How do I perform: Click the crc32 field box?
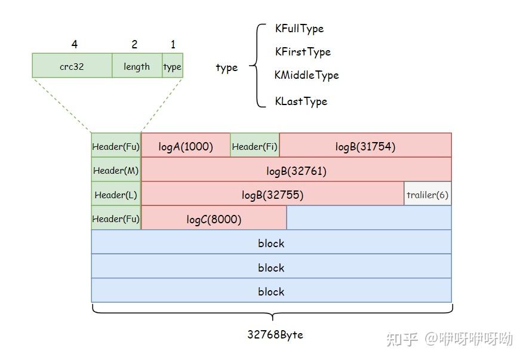pyautogui.click(x=72, y=66)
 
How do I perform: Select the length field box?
pyautogui.click(x=137, y=66)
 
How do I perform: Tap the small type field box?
pyautogui.click(x=172, y=66)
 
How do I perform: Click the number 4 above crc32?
pyautogui.click(x=74, y=44)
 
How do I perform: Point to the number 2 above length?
pyautogui.click(x=134, y=44)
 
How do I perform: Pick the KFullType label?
pyautogui.click(x=299, y=29)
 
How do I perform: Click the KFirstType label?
pyautogui.click(x=303, y=52)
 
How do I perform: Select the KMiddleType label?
pyautogui.click(x=306, y=75)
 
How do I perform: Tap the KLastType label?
pyautogui.click(x=301, y=101)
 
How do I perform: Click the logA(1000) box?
pyautogui.click(x=186, y=146)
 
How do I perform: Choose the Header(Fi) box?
pyautogui.click(x=255, y=146)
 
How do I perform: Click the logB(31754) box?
pyautogui.click(x=365, y=146)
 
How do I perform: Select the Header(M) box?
pyautogui.click(x=116, y=170)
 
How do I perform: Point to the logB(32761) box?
pyautogui.click(x=296, y=171)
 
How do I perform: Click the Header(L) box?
pyautogui.click(x=116, y=195)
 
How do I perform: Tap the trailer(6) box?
pyautogui.click(x=427, y=195)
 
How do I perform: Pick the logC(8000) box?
pyautogui.click(x=214, y=219)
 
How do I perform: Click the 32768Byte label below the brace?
pyautogui.click(x=275, y=334)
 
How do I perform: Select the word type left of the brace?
pyautogui.click(x=226, y=67)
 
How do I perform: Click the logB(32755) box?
pyautogui.click(x=272, y=195)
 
